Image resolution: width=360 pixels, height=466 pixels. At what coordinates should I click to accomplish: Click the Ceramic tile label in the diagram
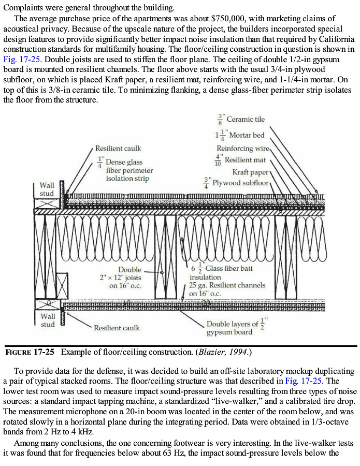[x=246, y=120]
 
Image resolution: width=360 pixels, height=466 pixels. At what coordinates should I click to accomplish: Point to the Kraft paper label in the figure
[x=251, y=172]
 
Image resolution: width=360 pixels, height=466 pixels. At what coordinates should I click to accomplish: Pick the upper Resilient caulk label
[x=118, y=148]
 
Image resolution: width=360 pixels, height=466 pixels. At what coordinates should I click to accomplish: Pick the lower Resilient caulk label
[x=117, y=328]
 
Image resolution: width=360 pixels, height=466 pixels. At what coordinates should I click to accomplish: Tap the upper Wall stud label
[x=47, y=189]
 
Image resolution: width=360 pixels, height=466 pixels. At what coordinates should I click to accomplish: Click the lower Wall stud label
[x=48, y=320]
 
